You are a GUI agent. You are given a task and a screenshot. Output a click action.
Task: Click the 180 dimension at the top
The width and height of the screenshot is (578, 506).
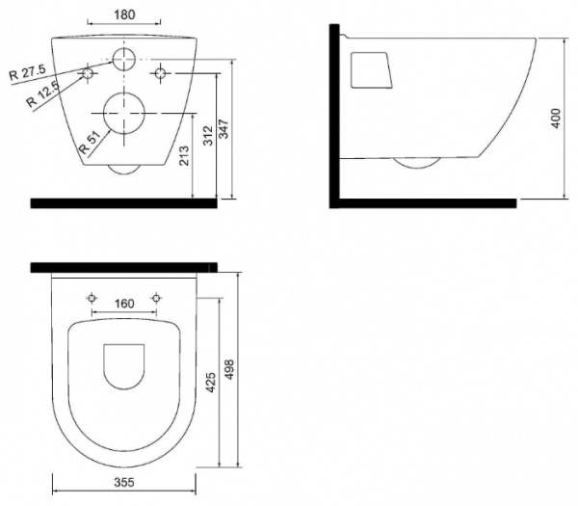[124, 14]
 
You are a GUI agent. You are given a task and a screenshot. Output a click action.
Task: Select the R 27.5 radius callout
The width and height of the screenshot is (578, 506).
[27, 72]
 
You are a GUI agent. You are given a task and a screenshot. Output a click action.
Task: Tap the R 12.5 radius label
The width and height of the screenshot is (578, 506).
[42, 94]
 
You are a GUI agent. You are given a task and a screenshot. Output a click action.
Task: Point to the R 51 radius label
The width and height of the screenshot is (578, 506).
[90, 143]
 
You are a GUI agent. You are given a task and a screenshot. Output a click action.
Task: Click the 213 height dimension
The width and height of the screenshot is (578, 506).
[183, 155]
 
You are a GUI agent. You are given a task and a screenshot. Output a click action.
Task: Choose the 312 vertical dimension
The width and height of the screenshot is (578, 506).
[208, 135]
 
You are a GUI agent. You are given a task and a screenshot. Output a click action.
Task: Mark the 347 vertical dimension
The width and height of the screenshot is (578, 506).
[223, 129]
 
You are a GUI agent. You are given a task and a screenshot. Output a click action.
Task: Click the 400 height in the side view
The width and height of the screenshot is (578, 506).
[556, 118]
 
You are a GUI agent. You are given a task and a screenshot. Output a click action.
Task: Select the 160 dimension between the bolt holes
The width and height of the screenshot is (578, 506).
[124, 304]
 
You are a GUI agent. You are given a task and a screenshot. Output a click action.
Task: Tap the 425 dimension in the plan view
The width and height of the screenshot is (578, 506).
[210, 382]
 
